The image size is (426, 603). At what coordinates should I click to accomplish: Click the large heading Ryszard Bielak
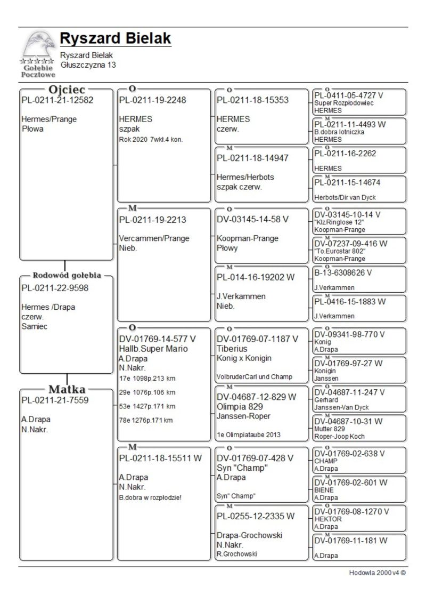coord(115,38)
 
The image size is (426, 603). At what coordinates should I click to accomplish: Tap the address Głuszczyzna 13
coord(88,65)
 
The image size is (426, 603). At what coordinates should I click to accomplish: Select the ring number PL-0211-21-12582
coord(57,100)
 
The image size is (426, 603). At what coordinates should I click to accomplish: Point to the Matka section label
coord(67,389)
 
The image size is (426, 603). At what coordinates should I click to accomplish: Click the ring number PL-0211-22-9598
coord(55,288)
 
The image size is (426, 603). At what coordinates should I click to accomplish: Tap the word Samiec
coord(34,326)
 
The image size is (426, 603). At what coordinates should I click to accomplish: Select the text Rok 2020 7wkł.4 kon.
coord(154,139)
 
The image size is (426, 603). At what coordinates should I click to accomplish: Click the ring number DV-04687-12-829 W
coord(256,397)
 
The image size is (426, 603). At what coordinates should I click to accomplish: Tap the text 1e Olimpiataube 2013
coord(249,435)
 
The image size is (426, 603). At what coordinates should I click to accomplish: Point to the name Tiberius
coord(232,348)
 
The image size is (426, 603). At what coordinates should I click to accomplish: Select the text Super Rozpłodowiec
coord(344,103)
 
